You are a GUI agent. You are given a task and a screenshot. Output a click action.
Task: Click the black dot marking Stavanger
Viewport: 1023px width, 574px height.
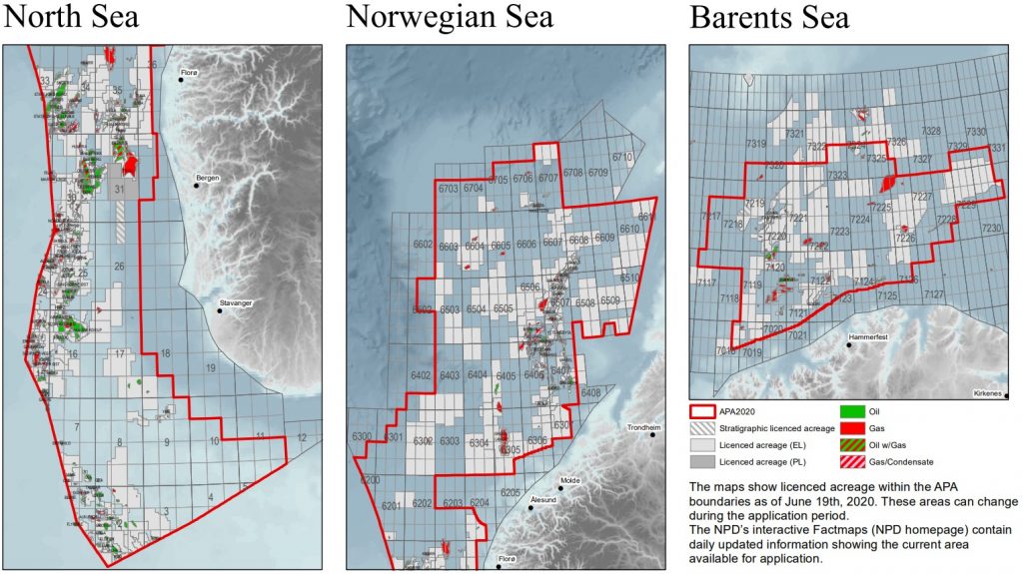click(x=220, y=309)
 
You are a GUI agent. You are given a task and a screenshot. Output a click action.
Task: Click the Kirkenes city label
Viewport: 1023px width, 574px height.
click(x=991, y=393)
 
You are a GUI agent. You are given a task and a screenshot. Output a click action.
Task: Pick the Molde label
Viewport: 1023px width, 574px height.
click(x=571, y=480)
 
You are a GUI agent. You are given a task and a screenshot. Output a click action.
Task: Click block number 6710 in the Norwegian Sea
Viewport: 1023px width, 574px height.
click(x=623, y=158)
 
